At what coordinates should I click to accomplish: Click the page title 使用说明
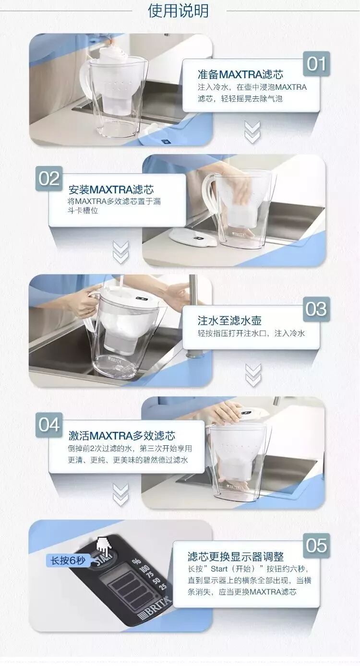178,11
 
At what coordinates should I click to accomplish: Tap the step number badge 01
317,64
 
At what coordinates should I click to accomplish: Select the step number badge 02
49,178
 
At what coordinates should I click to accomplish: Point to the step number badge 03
317,309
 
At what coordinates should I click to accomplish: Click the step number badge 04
49,425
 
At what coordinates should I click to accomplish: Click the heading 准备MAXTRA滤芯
240,74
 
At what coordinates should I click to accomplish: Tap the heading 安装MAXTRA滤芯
111,190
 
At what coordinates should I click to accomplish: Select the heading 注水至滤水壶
229,321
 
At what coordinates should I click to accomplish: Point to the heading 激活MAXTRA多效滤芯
122,436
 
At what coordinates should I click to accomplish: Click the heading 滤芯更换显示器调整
235,556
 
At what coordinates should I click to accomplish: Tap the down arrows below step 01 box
252,132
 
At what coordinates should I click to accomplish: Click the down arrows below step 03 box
253,375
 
